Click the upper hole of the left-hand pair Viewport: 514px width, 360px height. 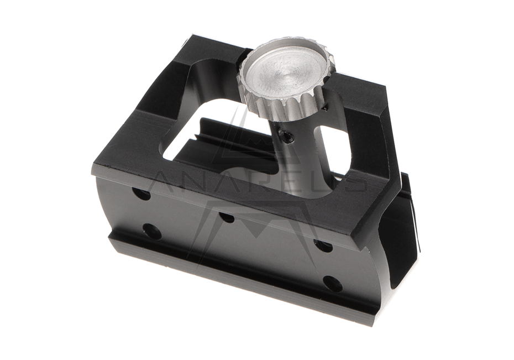click(141, 194)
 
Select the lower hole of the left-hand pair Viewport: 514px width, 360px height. click(151, 231)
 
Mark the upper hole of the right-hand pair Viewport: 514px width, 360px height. click(323, 245)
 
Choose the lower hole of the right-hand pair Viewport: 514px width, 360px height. click(332, 284)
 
